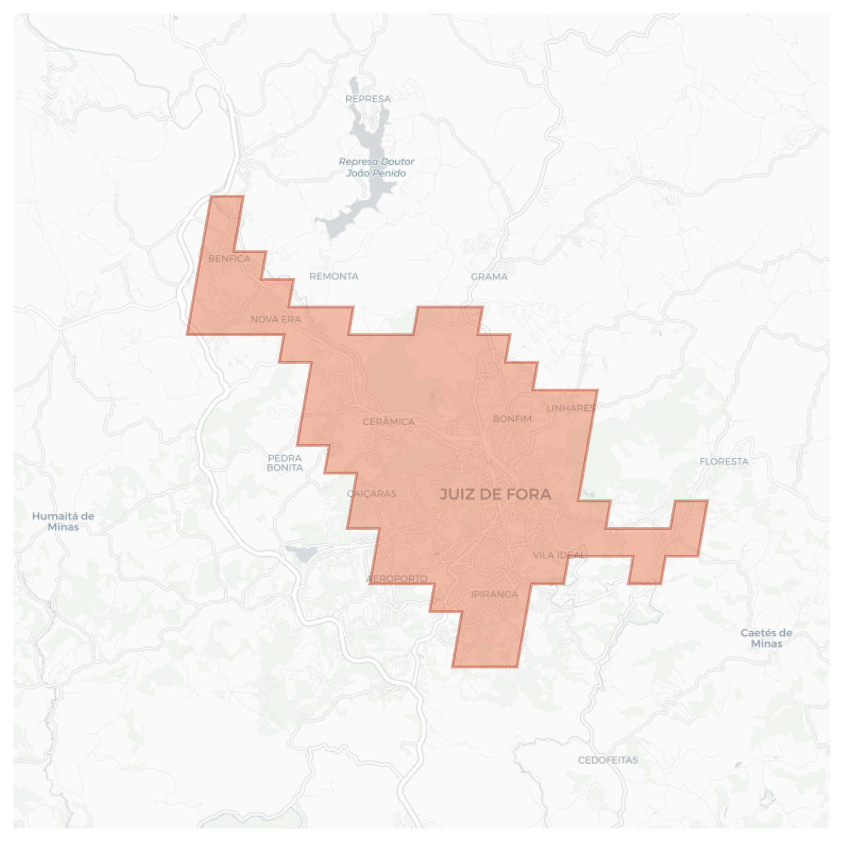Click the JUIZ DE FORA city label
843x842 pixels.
tap(495, 494)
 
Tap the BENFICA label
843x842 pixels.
tap(229, 259)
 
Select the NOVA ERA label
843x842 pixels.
tap(276, 319)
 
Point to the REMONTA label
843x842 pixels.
tap(334, 276)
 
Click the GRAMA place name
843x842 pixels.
tap(489, 277)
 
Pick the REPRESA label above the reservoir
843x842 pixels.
tap(368, 99)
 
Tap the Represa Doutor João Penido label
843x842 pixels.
tap(376, 167)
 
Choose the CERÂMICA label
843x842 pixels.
tap(388, 422)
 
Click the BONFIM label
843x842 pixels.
tap(512, 419)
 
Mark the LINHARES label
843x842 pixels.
tap(571, 408)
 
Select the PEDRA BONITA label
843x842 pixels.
tap(285, 463)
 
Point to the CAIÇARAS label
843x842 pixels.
tap(372, 494)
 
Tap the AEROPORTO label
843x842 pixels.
tap(397, 578)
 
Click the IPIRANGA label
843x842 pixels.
tap(494, 594)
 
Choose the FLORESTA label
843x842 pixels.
tap(724, 462)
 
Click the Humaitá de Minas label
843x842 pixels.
tap(63, 521)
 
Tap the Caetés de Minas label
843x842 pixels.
tap(766, 638)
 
